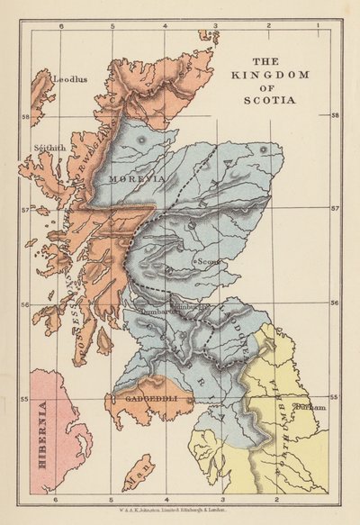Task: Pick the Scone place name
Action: click(x=209, y=261)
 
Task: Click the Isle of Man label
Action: click(x=137, y=470)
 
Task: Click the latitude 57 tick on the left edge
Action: click(x=24, y=210)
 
